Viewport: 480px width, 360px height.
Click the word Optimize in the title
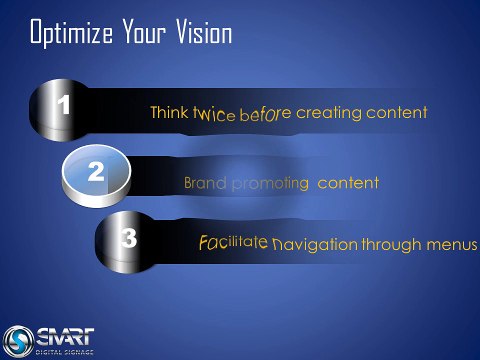pos(71,33)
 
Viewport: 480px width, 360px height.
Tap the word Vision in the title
pos(204,31)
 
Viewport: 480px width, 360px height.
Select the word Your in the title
pos(144,31)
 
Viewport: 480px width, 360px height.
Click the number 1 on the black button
pos(63,105)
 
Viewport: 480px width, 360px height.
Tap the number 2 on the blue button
pos(96,172)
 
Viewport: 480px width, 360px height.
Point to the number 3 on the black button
pos(129,238)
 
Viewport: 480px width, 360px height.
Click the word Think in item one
pos(169,112)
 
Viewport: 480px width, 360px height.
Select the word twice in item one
pos(214,114)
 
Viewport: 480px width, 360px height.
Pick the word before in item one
pos(265,114)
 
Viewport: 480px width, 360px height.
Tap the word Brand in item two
pos(205,183)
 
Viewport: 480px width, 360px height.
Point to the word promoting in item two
pos(270,184)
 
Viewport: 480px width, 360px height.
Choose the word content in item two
pos(348,183)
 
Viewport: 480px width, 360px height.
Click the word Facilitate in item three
pos(233,242)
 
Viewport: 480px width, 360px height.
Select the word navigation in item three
pos(315,245)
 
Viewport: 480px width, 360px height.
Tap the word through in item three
pos(392,245)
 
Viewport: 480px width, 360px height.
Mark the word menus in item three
pos(452,245)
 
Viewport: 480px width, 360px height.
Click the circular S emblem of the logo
pos(18,341)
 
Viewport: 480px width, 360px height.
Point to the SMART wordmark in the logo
pos(65,336)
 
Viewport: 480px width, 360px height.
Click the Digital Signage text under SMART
pos(64,352)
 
